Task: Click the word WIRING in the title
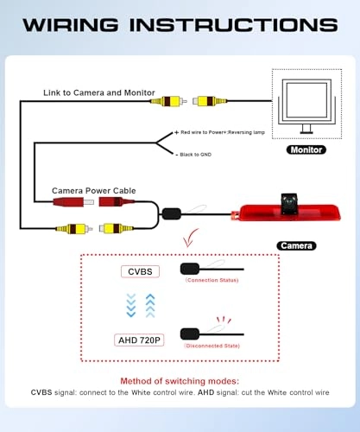(x=71, y=25)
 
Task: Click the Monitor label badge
(x=306, y=149)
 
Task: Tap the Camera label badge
(x=296, y=245)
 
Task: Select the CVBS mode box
(x=140, y=271)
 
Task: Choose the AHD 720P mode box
(x=139, y=340)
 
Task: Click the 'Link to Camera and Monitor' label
(x=99, y=92)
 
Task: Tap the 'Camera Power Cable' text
(x=94, y=191)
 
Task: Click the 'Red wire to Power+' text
(x=204, y=132)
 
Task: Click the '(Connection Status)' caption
(x=212, y=280)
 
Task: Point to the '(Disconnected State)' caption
(x=212, y=346)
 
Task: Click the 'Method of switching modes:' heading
(x=180, y=381)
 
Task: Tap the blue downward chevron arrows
(x=131, y=306)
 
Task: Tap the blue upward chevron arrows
(x=150, y=306)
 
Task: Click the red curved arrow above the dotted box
(x=190, y=238)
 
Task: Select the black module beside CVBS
(x=190, y=269)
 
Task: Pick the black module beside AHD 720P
(x=190, y=334)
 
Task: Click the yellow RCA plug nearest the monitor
(x=210, y=101)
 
